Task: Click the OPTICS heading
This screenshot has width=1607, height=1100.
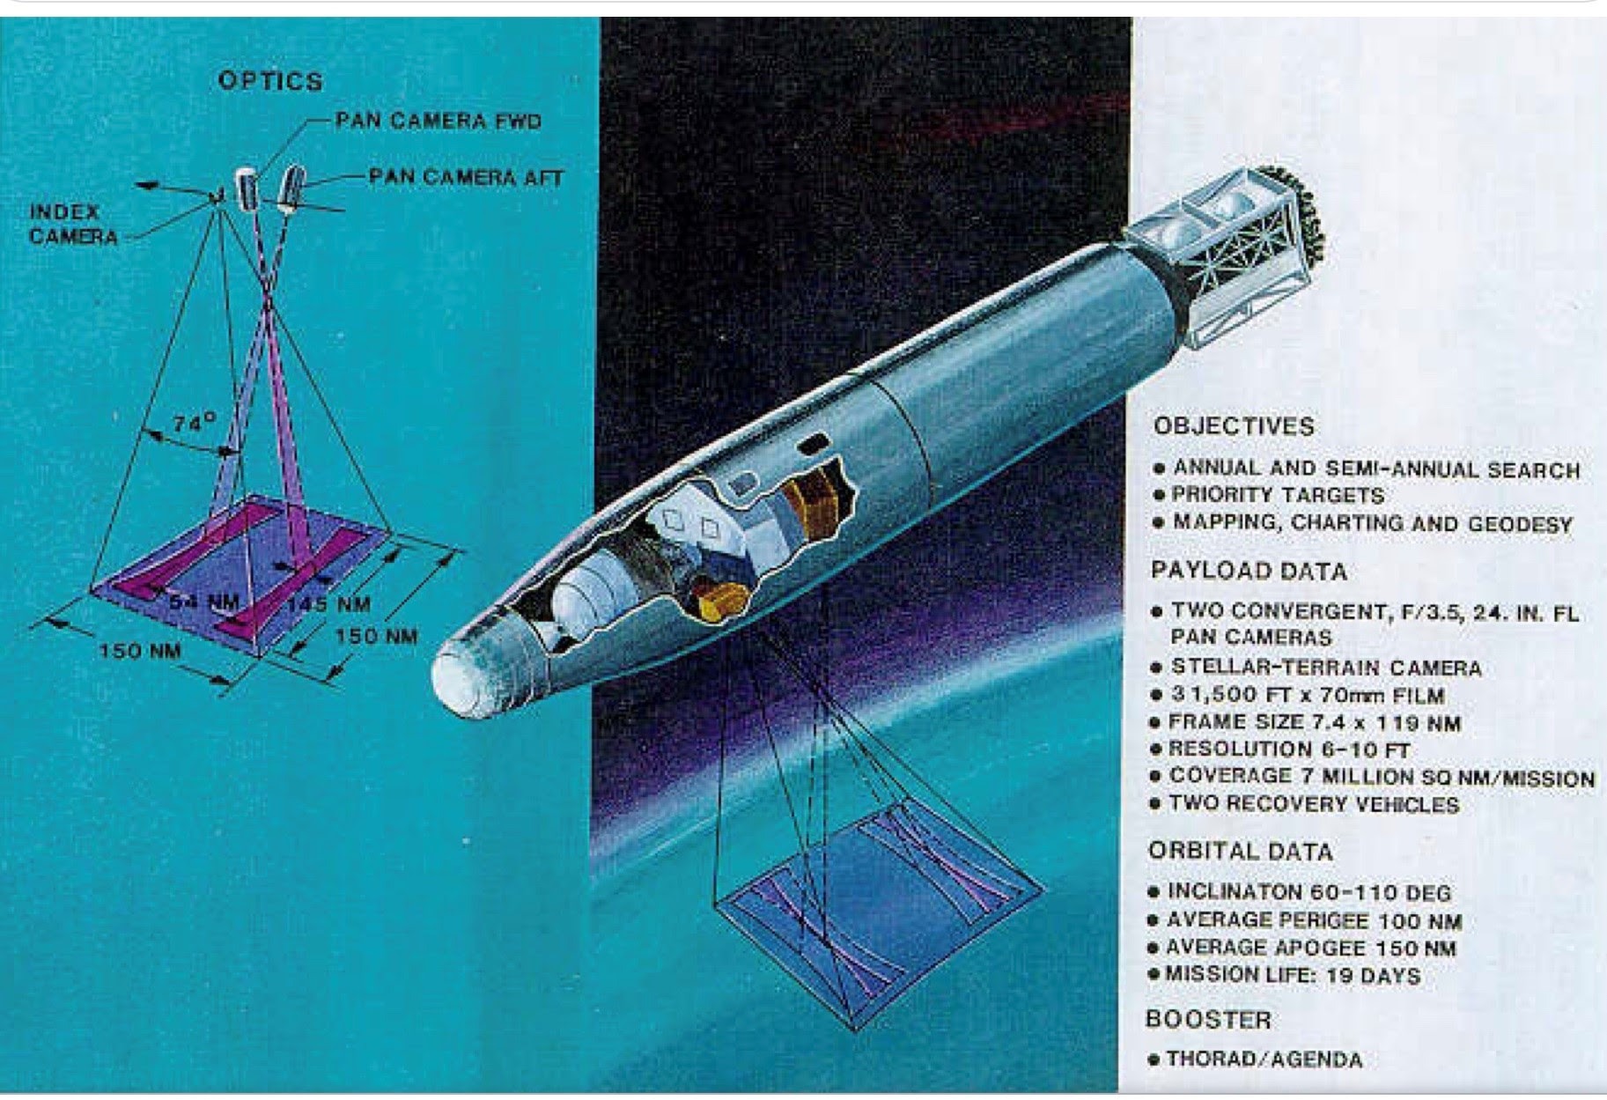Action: tap(270, 81)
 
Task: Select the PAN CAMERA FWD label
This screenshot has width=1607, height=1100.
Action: tap(439, 121)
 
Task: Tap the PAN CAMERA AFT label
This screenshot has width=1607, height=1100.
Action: tap(466, 177)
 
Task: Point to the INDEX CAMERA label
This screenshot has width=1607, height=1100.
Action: tap(73, 224)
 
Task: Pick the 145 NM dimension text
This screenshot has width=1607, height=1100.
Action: tap(328, 604)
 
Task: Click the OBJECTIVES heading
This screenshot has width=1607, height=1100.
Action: tap(1234, 426)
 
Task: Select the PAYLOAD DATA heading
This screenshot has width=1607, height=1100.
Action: tap(1249, 572)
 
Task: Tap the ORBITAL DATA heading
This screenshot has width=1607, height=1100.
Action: tap(1241, 852)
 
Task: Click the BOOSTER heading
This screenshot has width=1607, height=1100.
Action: tap(1208, 1020)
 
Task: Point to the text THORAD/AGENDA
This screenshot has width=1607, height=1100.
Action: tap(1264, 1059)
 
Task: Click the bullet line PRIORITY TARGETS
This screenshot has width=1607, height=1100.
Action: tap(1278, 495)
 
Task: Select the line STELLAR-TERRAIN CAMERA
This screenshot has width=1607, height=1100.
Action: tap(1326, 668)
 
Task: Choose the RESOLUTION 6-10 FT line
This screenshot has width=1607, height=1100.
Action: tap(1289, 749)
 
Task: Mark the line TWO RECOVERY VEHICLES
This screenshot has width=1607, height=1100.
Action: tap(1314, 804)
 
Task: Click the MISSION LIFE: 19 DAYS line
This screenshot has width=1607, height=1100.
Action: tap(1293, 975)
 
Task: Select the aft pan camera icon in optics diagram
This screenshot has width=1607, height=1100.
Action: tap(291, 188)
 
